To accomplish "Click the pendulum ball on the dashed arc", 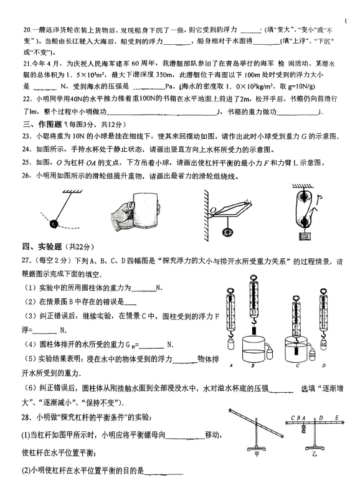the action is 54,223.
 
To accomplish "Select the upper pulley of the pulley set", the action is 303,197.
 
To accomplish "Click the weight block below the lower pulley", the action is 304,235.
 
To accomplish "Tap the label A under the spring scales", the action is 230,365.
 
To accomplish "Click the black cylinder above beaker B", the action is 254,330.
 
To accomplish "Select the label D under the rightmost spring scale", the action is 324,365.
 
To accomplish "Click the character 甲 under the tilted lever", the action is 257,454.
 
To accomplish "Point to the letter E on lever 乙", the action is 336,418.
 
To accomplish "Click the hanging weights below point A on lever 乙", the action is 303,429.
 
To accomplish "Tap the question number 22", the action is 27,99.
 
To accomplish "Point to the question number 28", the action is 26,417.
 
